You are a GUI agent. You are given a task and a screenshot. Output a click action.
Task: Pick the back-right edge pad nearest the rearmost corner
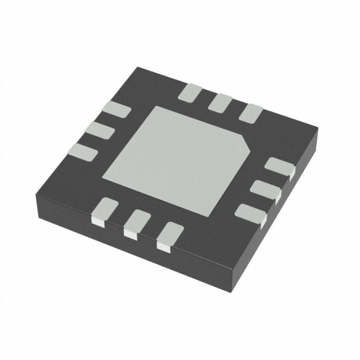point(191,92)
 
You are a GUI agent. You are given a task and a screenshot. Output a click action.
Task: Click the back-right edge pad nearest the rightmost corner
point(250,114)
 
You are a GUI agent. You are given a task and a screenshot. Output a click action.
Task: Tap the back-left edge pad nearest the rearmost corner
point(116,111)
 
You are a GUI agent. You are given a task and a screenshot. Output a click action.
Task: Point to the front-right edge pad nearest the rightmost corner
point(280,167)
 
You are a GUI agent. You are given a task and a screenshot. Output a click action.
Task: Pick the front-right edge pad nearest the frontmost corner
point(249,213)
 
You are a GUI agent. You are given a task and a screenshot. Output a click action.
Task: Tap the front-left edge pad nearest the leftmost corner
point(102,210)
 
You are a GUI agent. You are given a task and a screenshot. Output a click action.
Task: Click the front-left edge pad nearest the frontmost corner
point(168,235)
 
